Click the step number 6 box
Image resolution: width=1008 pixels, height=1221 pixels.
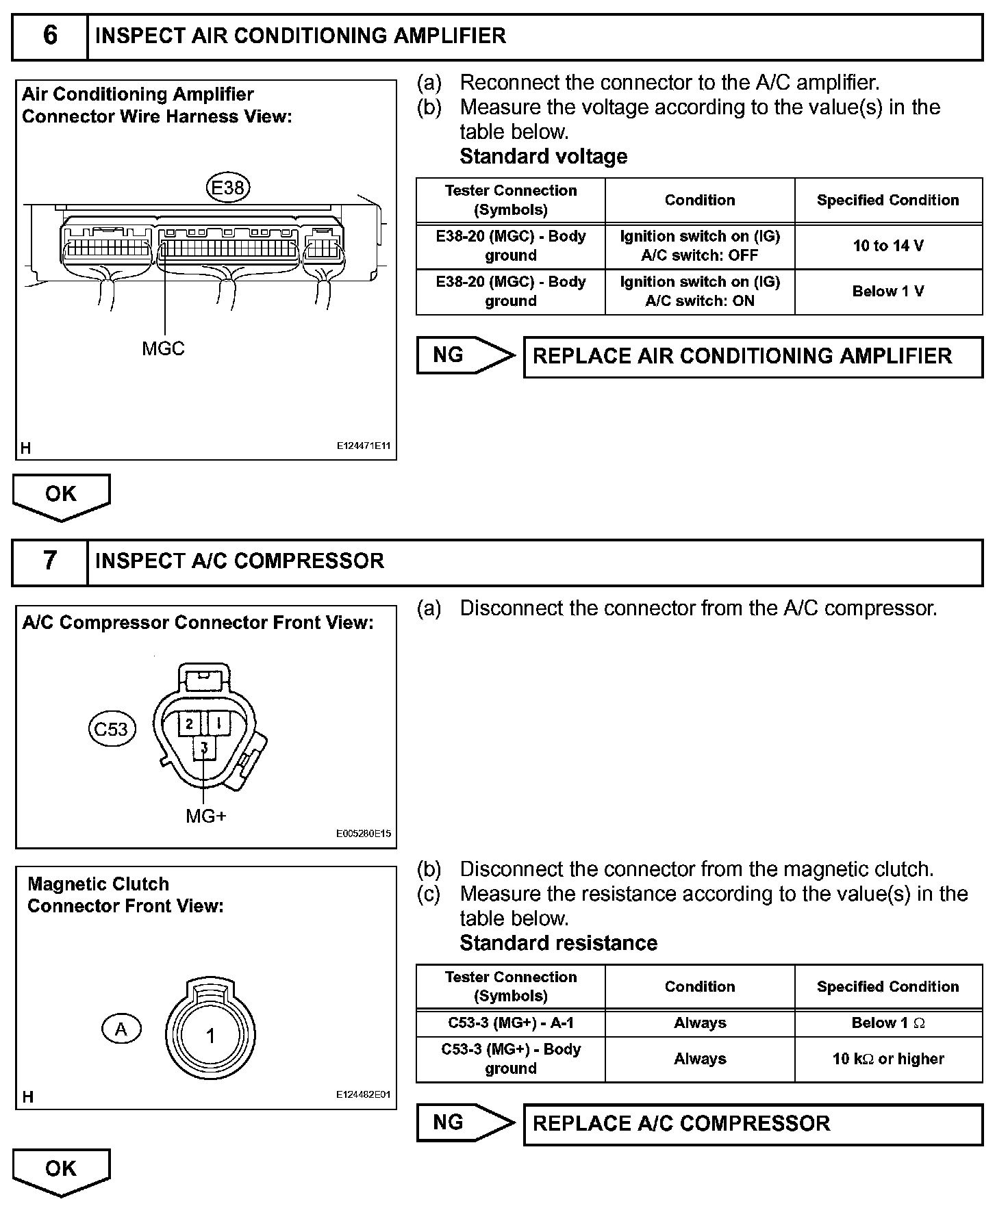50,36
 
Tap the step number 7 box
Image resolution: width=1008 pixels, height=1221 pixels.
50,561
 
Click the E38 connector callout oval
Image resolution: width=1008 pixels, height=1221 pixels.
228,187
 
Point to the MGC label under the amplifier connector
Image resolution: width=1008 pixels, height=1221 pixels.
163,349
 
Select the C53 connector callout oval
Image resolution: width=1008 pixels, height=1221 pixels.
112,729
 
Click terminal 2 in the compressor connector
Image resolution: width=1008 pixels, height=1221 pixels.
190,723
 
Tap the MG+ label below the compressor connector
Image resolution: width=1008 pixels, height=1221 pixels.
205,816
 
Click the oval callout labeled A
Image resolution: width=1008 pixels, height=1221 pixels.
121,1029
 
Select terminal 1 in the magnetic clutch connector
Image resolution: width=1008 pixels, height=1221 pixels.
210,1036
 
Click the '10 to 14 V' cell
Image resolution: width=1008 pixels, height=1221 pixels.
888,246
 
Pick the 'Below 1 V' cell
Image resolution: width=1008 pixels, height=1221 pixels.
888,292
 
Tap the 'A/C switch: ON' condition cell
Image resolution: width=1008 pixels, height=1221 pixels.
699,292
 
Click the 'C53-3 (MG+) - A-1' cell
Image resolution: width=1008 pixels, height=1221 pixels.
511,1023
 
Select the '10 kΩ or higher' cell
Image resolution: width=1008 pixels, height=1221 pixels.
888,1059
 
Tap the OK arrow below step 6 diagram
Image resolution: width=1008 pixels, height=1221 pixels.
61,496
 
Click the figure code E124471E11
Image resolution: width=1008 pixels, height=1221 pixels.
363,446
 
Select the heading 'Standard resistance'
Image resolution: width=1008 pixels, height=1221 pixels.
558,943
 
